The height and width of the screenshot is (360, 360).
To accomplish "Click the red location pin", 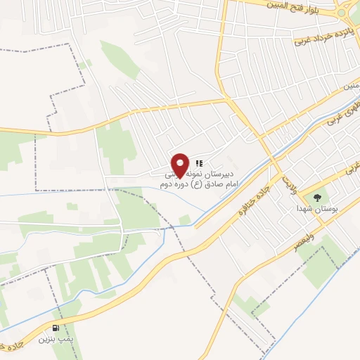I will (180, 164).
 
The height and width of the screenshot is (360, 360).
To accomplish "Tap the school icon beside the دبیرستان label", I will (199, 162).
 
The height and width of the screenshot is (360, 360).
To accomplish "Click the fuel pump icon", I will (56, 328).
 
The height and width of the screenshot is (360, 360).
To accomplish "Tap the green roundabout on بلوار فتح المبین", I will (343, 11).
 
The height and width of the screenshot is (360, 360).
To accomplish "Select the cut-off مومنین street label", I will (351, 86).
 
